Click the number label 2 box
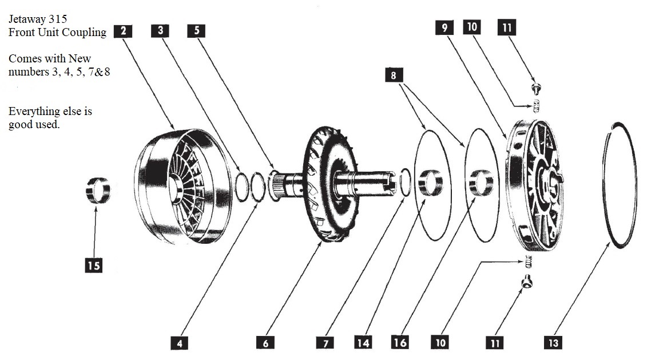coord(123,31)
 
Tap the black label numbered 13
coord(553,343)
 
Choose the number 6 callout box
coord(265,343)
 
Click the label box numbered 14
coord(363,343)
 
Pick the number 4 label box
coord(180,343)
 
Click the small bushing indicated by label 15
coord(98,191)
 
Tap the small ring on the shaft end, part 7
coord(405,183)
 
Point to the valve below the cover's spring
coord(527,281)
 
